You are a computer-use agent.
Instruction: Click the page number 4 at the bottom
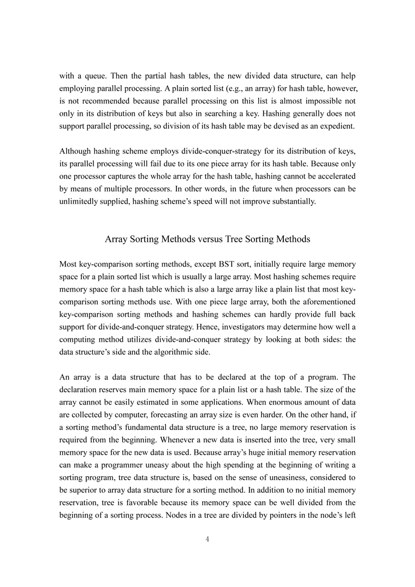(x=207, y=539)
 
